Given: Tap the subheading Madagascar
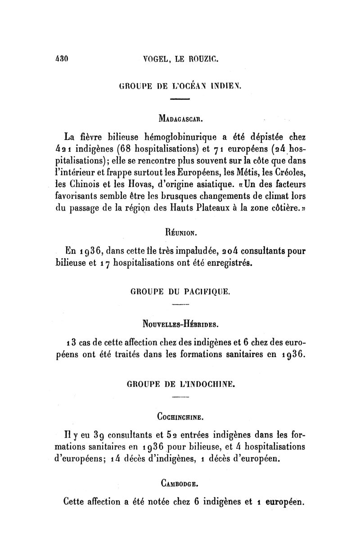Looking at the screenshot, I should tap(180, 121).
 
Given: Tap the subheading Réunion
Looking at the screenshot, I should tap(180, 233).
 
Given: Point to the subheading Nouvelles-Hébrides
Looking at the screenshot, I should tap(180, 323).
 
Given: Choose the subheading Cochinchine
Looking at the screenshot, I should tap(180, 417).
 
